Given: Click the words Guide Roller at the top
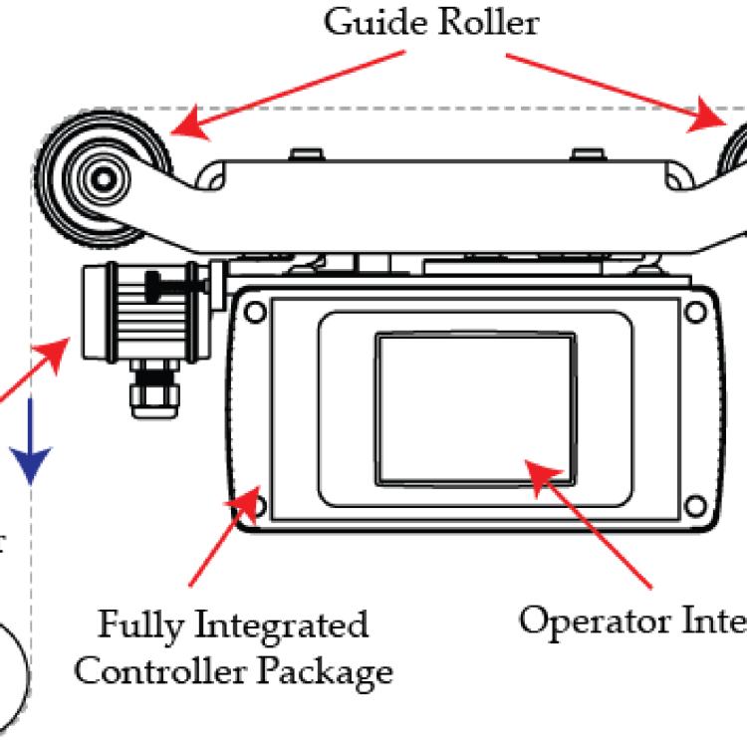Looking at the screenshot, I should (432, 21).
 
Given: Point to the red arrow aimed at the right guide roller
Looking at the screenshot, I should (618, 90).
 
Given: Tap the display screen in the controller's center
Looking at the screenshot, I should (475, 408).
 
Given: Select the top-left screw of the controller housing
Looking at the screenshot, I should (255, 311).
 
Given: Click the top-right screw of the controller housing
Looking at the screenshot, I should (694, 311).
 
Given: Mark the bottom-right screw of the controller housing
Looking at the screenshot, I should (694, 507).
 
